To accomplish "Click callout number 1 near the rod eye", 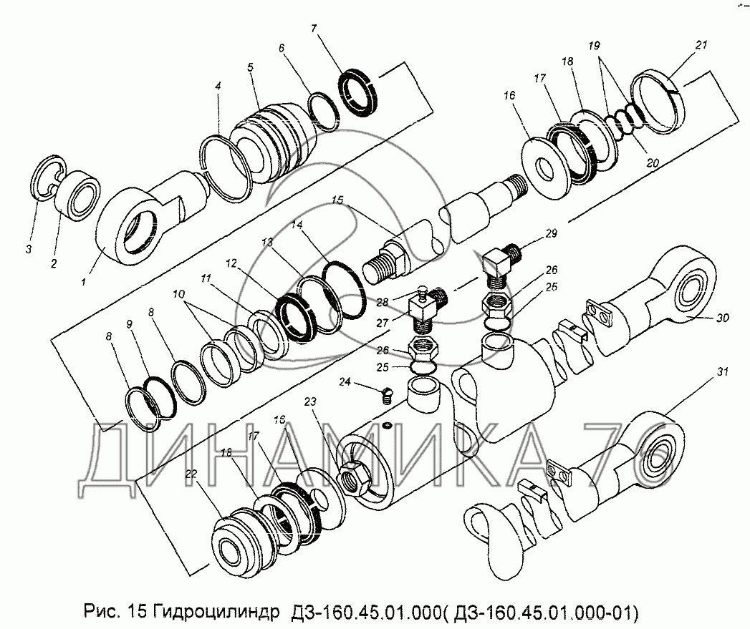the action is [x=83, y=282].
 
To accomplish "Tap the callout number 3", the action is [x=29, y=249].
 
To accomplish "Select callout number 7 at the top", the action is [x=314, y=29].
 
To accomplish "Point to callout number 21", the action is [x=701, y=44].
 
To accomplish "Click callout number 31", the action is [x=722, y=371].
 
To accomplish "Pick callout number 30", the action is [x=722, y=318].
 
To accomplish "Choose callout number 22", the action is [x=191, y=474].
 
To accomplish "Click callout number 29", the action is [x=551, y=233].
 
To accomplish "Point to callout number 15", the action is [x=337, y=200].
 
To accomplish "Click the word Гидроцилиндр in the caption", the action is [x=214, y=611].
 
